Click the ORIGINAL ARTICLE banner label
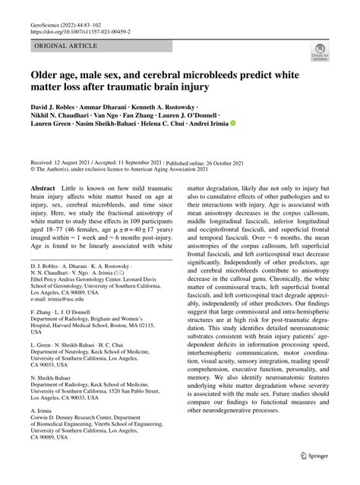65,46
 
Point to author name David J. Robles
57,109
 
